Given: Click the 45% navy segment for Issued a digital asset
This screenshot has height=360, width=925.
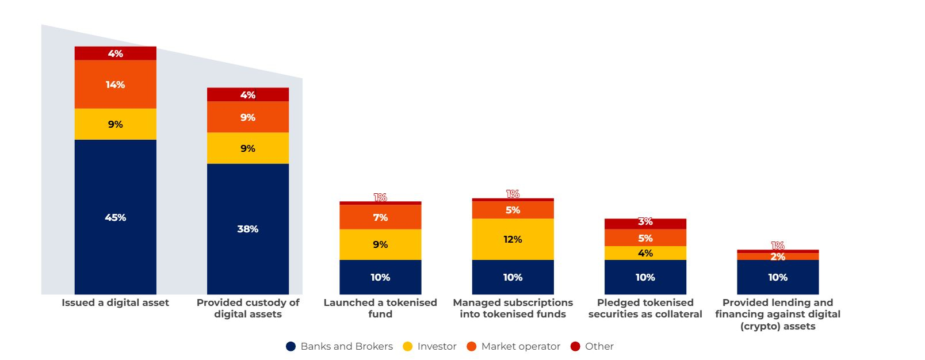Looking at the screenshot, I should click(115, 217).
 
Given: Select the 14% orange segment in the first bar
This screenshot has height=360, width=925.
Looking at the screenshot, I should click(115, 85).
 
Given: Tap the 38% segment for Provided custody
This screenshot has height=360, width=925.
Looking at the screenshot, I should click(247, 229).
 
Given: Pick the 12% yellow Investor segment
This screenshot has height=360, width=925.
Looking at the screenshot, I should click(513, 239).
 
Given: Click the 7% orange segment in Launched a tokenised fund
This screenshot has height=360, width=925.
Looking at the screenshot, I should click(380, 217).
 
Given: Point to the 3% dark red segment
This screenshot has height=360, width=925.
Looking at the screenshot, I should click(645, 223).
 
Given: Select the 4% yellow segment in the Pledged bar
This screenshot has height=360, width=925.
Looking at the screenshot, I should click(645, 253).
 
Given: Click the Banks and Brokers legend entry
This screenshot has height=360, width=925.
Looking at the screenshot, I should click(339, 346).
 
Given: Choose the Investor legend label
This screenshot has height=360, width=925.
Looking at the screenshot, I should click(430, 346).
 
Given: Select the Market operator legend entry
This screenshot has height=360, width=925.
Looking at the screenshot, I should click(513, 346).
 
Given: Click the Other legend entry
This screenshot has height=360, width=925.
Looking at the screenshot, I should click(592, 346).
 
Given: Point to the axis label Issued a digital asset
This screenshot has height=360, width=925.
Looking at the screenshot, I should click(115, 302).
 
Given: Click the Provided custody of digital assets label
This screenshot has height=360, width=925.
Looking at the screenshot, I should click(247, 308).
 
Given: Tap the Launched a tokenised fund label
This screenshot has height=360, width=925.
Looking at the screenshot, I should click(380, 308).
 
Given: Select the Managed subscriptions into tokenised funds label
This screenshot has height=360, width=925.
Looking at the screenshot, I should click(513, 308).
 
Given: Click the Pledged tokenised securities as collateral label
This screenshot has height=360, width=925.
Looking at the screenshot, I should click(645, 308).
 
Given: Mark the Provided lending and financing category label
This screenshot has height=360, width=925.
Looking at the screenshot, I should click(778, 314).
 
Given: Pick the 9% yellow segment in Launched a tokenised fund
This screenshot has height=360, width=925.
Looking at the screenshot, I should click(380, 244).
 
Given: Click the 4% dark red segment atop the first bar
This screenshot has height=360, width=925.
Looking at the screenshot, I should click(115, 53).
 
